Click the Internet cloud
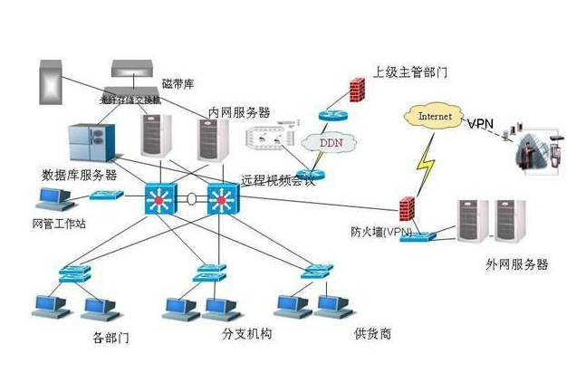[x=432, y=116]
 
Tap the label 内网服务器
[x=239, y=112]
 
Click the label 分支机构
[x=245, y=334]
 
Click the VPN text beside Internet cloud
[x=482, y=121]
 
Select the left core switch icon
[x=158, y=198]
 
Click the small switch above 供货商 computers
[x=318, y=270]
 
